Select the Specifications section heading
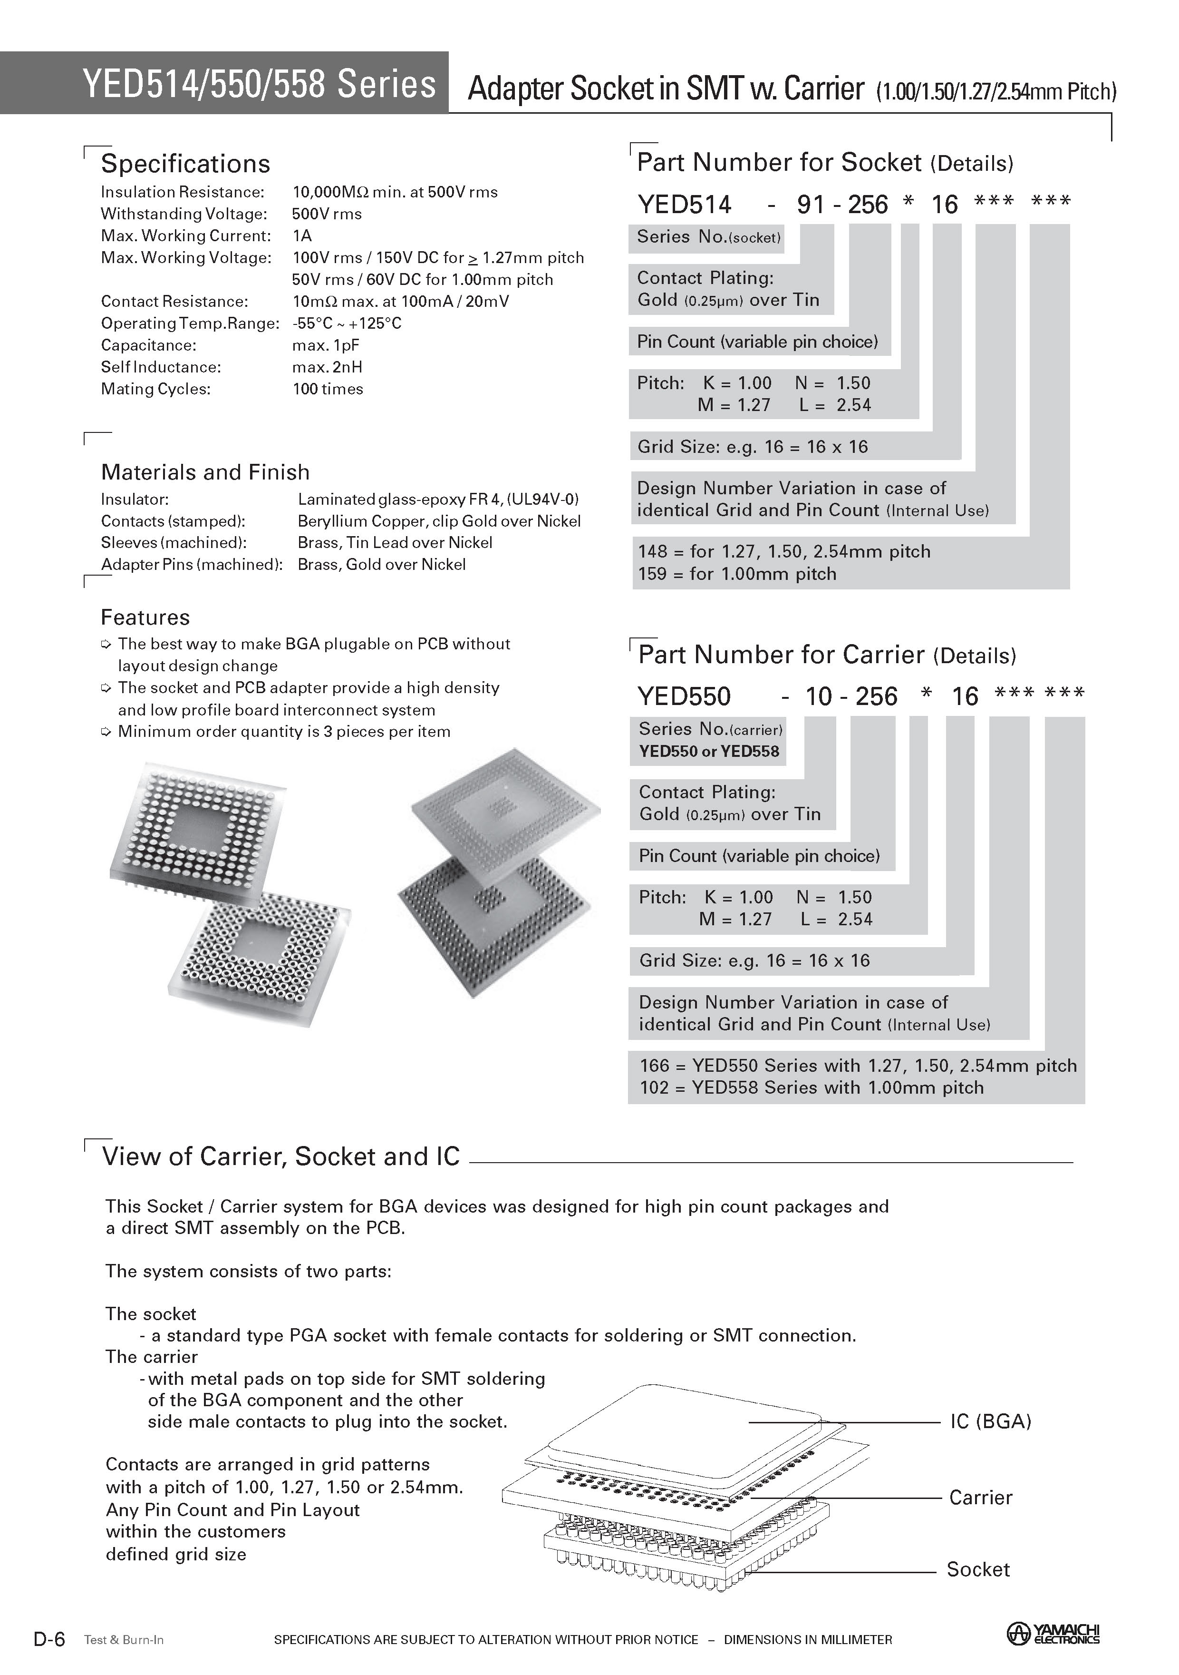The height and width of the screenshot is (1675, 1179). pyautogui.click(x=185, y=164)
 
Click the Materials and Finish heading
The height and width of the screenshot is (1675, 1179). pyautogui.click(x=205, y=472)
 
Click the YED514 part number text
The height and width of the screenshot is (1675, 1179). pyautogui.click(x=684, y=204)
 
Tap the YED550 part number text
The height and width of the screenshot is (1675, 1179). pyautogui.click(x=684, y=697)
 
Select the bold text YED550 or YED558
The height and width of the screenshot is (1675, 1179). pyautogui.click(x=709, y=752)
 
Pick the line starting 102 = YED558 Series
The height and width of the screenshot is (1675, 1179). pyautogui.click(x=811, y=1088)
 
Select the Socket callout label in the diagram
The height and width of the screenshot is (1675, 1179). pyautogui.click(x=978, y=1569)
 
